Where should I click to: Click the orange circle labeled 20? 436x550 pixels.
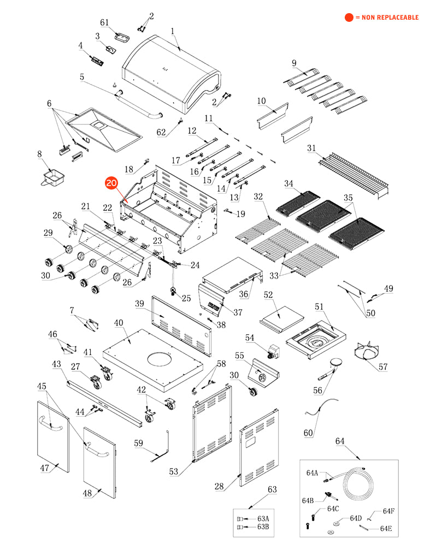pyautogui.click(x=111, y=184)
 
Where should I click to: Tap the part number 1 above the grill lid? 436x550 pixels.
pyautogui.click(x=173, y=32)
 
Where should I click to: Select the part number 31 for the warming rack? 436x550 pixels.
pyautogui.click(x=311, y=149)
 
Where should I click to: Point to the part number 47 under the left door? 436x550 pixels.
pyautogui.click(x=44, y=468)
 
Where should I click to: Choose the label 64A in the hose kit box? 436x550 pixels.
pyautogui.click(x=312, y=472)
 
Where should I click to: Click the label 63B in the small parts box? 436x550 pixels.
pyautogui.click(x=263, y=527)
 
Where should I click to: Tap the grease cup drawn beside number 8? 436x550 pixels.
pyautogui.click(x=54, y=177)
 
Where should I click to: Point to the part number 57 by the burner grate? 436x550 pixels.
pyautogui.click(x=383, y=367)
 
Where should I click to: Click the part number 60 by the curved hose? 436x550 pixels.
pyautogui.click(x=309, y=433)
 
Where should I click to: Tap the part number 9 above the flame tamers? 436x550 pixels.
pyautogui.click(x=294, y=63)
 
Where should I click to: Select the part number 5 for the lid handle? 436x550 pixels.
pyautogui.click(x=82, y=77)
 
